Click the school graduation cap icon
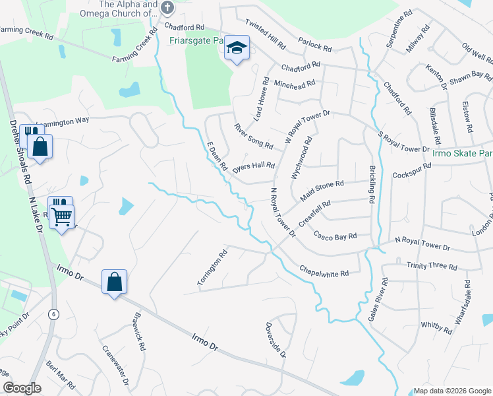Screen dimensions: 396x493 tap(237, 48)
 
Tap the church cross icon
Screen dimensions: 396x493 tap(167, 8)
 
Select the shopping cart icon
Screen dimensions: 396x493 tap(61, 214)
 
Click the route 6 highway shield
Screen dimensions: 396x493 tap(53, 315)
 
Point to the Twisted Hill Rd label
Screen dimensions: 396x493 tap(265, 35)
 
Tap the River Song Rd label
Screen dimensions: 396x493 tap(254, 135)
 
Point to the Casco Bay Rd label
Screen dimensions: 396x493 tap(335, 235)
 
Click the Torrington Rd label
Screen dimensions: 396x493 tap(212, 267)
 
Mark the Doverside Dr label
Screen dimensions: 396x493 tap(276, 340)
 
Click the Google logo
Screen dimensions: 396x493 tap(22, 388)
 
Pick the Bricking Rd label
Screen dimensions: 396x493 tap(372, 184)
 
